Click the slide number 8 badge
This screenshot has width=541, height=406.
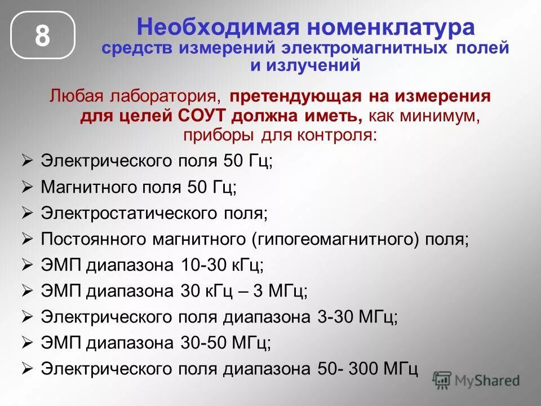42,35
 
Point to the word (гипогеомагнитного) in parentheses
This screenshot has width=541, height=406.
335,239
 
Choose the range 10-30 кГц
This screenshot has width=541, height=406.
223,264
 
